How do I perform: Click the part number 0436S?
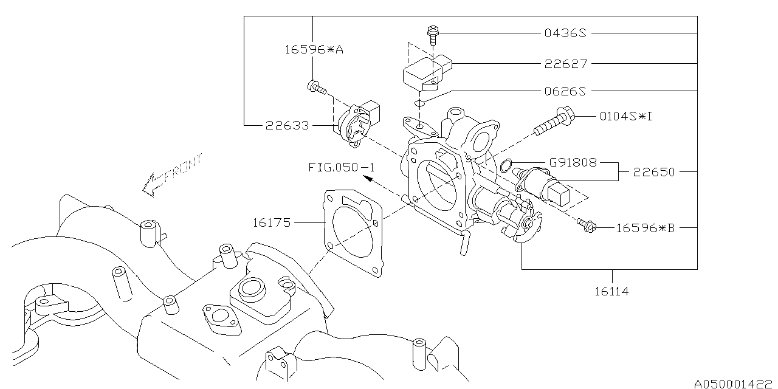click(565, 33)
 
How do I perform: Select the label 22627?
click(565, 64)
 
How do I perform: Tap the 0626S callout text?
click(565, 91)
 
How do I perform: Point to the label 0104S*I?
click(626, 116)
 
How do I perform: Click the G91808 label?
click(573, 162)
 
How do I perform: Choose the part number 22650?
click(653, 172)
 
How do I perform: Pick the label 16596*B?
click(645, 228)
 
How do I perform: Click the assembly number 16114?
click(611, 291)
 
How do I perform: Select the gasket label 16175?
click(272, 222)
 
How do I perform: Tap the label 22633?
click(287, 125)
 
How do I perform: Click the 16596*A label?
click(314, 50)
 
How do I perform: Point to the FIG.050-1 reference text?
click(342, 167)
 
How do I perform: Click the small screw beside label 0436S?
click(433, 35)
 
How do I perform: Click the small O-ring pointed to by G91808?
click(506, 165)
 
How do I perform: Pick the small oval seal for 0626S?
click(419, 103)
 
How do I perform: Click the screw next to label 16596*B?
click(587, 225)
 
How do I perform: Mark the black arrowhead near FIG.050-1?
click(368, 179)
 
